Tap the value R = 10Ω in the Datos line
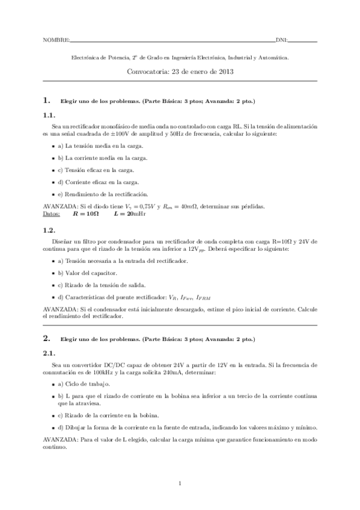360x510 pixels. pyautogui.click(x=85, y=213)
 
